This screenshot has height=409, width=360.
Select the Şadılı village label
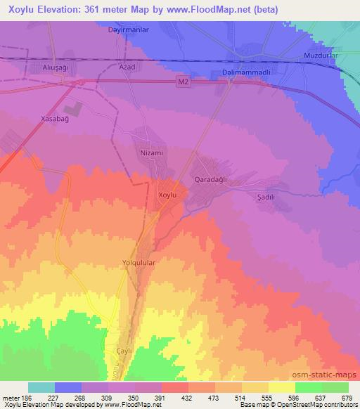pyautogui.click(x=265, y=197)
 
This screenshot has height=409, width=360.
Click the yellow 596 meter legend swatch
pyautogui.click(x=282, y=387)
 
